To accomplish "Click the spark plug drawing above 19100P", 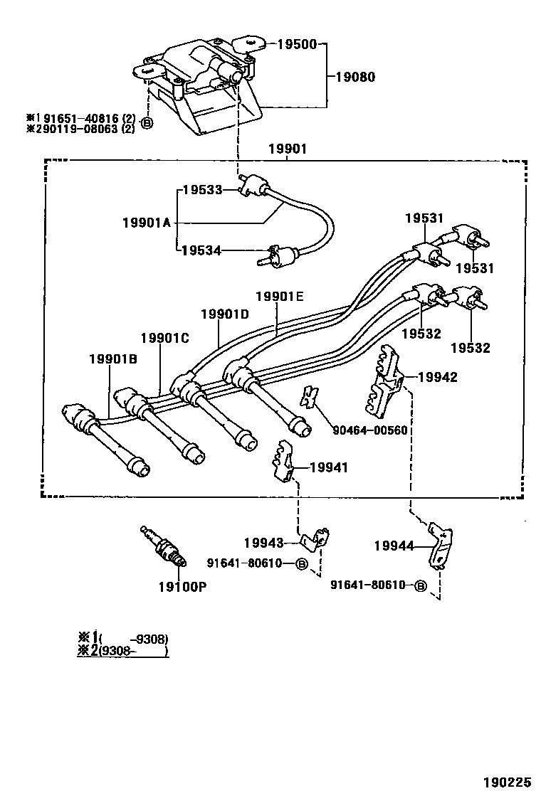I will (x=165, y=548).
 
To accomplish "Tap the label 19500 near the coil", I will (x=297, y=44).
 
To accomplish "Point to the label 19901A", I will (x=146, y=223).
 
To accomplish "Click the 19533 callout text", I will (x=202, y=190).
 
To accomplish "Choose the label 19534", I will (x=202, y=250).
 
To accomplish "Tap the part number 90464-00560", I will (x=369, y=430).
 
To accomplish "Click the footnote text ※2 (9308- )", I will (x=122, y=650).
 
